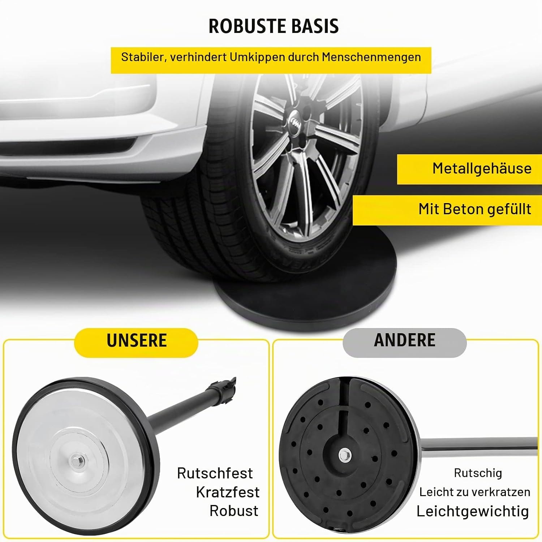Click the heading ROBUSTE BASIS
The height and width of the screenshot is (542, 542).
point(274,26)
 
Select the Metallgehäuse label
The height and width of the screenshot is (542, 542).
point(482,168)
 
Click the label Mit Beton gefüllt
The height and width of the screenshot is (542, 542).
point(475,209)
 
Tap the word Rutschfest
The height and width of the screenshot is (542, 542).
point(215,473)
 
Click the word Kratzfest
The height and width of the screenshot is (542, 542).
point(228,492)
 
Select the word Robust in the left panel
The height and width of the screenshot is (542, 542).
point(234,511)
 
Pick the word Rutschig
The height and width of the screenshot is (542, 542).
point(478,473)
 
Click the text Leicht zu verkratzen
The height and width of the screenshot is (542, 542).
point(475,492)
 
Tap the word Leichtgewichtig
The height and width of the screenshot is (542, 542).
point(473,511)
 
